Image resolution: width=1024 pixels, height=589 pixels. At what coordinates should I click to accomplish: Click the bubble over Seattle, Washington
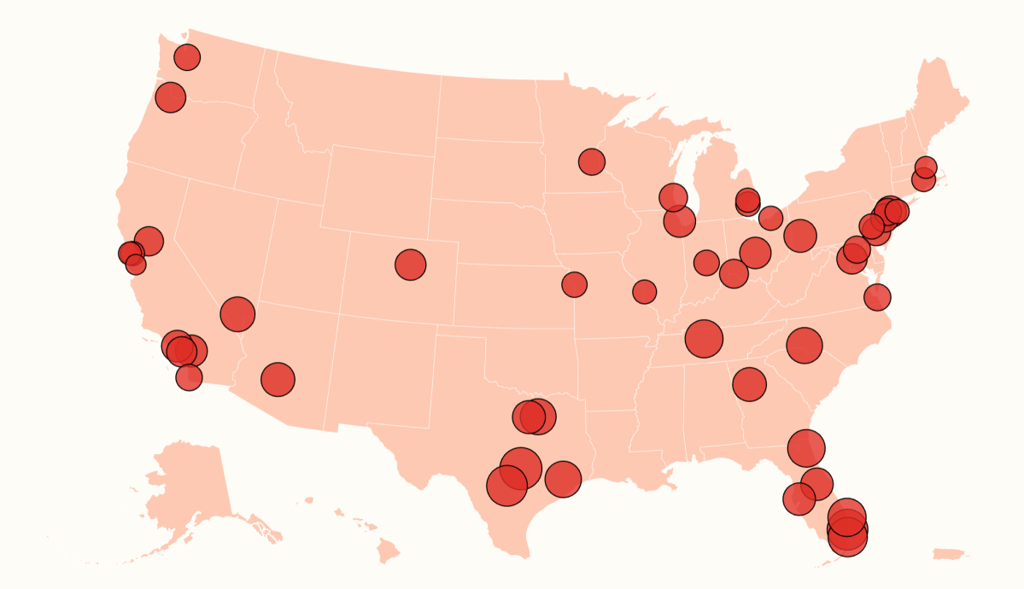[187, 57]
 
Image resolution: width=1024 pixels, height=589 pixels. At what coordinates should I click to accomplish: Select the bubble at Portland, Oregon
[170, 97]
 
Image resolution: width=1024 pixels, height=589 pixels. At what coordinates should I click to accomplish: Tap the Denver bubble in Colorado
[410, 265]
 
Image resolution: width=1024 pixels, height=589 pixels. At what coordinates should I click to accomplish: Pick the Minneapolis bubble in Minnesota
[591, 161]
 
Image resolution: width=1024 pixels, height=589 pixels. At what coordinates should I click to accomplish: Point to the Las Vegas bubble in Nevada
[237, 314]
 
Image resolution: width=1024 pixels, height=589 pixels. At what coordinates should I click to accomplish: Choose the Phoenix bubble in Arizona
[278, 379]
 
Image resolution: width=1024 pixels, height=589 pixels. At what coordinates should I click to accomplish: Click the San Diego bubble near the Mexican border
[189, 376]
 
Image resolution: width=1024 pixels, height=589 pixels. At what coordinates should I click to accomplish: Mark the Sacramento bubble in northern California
[148, 241]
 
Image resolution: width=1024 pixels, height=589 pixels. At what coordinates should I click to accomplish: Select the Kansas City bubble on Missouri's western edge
[574, 284]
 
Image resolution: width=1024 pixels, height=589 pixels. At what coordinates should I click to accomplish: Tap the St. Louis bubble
[644, 292]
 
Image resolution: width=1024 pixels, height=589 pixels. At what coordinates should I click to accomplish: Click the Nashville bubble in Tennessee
[704, 339]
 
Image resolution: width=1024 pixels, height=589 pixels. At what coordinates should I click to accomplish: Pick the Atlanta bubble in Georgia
[749, 384]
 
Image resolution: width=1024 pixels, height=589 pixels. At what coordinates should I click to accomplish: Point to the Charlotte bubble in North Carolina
[804, 345]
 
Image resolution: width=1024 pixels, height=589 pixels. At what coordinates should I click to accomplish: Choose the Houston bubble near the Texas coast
[562, 479]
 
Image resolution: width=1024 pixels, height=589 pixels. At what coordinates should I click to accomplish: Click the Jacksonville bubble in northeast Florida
[806, 448]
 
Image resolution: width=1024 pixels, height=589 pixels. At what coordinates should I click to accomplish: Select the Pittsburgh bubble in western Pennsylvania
[799, 235]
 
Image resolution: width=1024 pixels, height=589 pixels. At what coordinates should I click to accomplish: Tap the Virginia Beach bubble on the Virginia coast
[877, 297]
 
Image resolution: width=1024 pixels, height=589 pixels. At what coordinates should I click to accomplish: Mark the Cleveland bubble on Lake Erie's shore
[770, 218]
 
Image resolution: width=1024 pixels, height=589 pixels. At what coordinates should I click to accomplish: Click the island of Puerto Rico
[949, 554]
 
